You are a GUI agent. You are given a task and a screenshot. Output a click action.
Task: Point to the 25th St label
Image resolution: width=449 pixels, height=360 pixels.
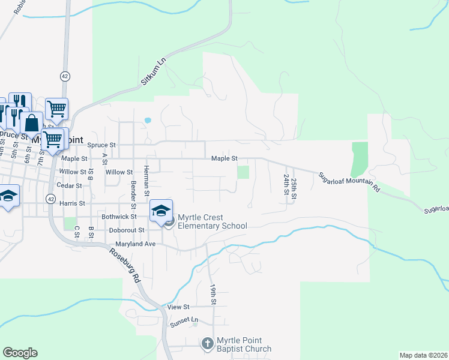click(294, 187)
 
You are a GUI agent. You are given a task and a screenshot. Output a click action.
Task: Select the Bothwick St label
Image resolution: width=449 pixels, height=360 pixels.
click(119, 216)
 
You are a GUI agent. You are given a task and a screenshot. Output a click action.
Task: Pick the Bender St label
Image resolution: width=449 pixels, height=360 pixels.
click(133, 193)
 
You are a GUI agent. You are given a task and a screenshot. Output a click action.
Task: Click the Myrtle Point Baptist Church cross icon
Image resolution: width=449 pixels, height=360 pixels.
click(207, 344)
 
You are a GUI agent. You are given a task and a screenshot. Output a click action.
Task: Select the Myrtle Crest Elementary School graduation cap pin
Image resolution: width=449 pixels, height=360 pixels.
click(161, 211)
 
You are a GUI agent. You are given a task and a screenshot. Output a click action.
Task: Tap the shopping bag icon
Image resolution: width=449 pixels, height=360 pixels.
click(31, 124)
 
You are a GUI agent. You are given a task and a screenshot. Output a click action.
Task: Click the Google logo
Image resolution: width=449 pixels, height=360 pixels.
click(20, 353)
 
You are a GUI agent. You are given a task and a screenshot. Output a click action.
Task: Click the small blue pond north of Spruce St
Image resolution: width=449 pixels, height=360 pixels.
click(148, 120)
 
